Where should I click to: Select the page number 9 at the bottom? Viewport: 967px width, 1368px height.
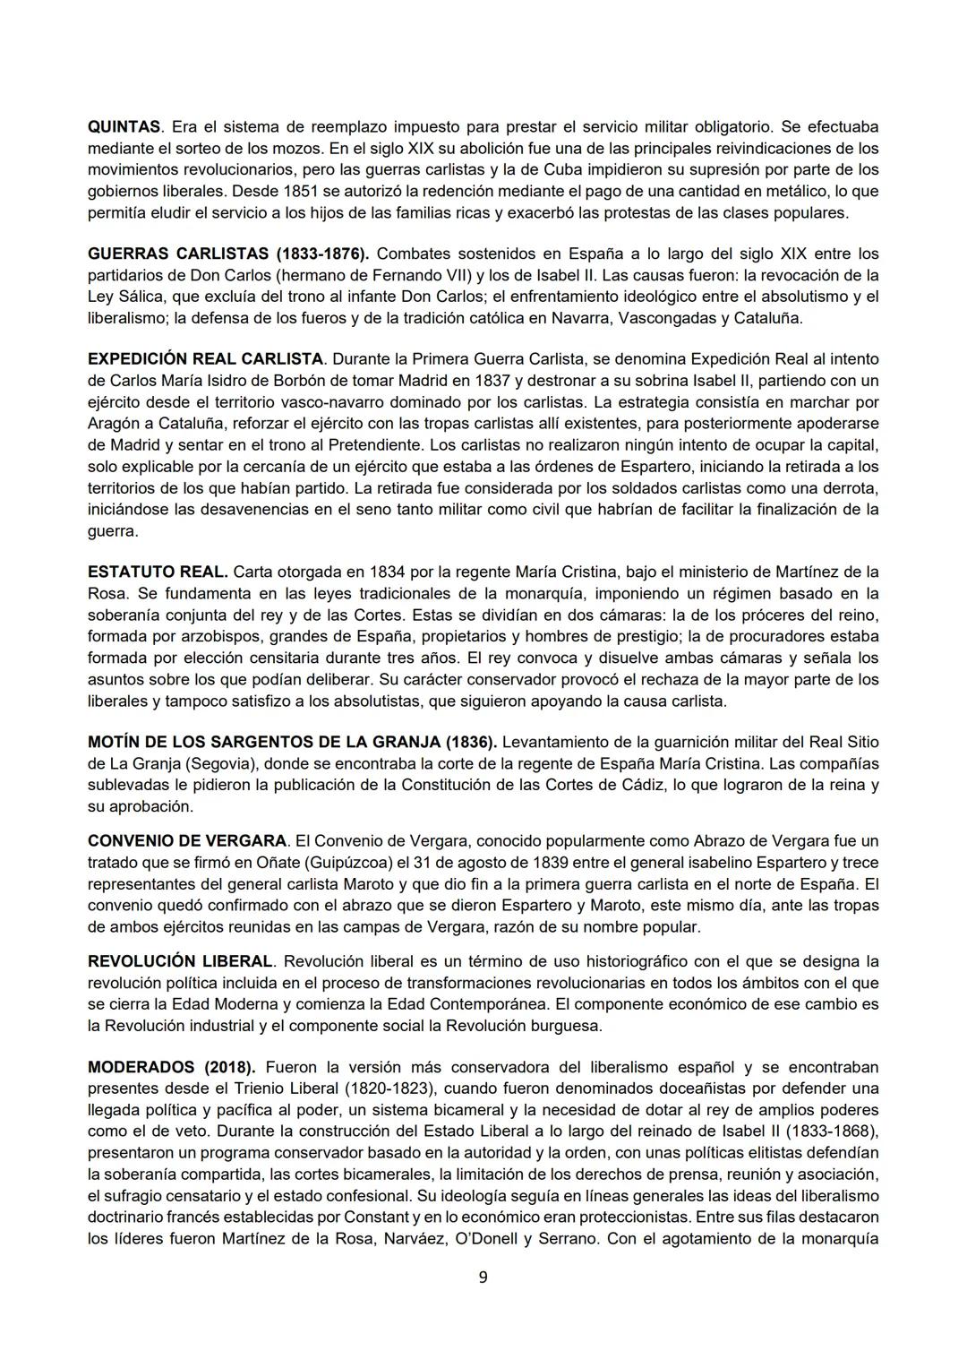pos(483,1278)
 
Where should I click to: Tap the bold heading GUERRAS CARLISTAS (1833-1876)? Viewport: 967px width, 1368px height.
pos(228,254)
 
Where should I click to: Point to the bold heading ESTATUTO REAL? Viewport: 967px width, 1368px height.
pos(158,572)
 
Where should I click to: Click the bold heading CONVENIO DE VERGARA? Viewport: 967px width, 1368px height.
pos(188,840)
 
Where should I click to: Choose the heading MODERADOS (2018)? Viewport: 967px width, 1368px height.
pos(171,1067)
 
